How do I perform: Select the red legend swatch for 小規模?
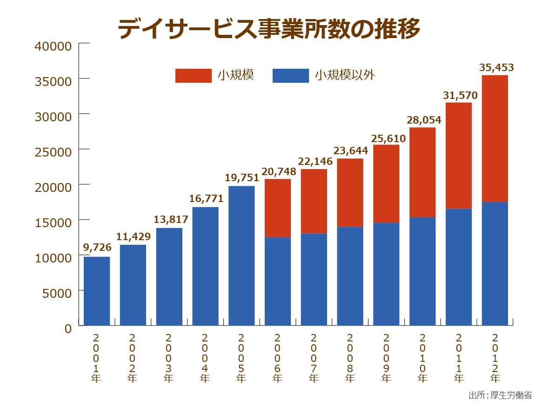pyautogui.click(x=193, y=75)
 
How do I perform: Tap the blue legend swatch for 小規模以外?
pyautogui.click(x=290, y=75)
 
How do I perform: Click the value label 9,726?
pyautogui.click(x=97, y=248)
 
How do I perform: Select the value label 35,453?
pyautogui.click(x=496, y=68)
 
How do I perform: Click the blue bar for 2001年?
pyautogui.click(x=97, y=291)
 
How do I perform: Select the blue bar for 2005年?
pyautogui.click(x=241, y=255)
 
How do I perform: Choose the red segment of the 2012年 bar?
pyautogui.click(x=495, y=138)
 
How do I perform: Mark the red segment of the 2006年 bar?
pyautogui.click(x=278, y=208)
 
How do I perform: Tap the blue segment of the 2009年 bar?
pyautogui.click(x=386, y=274)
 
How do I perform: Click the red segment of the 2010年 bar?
pyautogui.click(x=422, y=172)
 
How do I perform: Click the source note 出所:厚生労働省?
pyautogui.click(x=500, y=395)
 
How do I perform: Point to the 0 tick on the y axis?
pyautogui.click(x=68, y=328)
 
